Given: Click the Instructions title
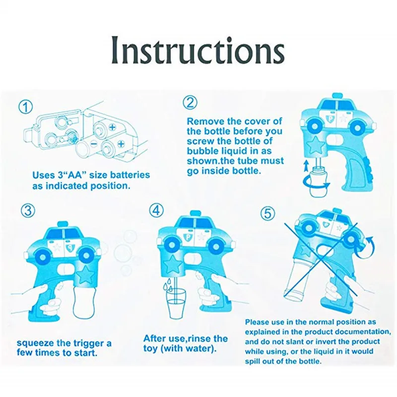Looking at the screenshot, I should [198, 50].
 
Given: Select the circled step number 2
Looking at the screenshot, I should [190, 103].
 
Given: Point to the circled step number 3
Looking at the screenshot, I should [27, 210].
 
